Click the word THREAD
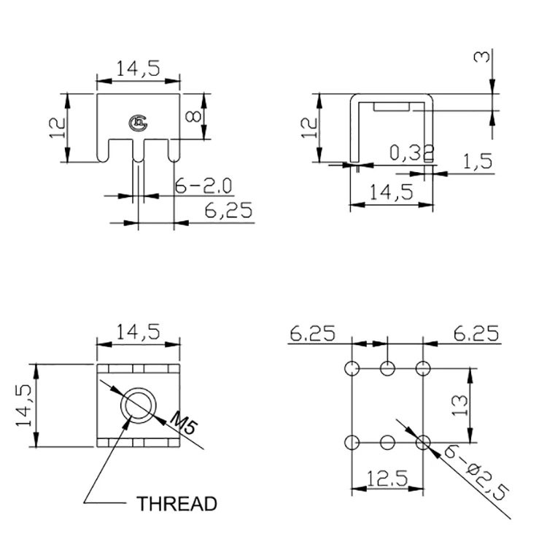coord(177,504)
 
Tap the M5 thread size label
coord(182,422)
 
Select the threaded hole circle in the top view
coord(139,406)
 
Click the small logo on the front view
coord(137,124)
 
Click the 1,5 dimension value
coord(478,161)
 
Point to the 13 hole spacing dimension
coord(459,405)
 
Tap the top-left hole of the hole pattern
coord(352,367)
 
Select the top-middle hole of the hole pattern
coord(388,367)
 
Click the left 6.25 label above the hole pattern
coord(312,334)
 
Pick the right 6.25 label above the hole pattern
coord(476,334)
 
